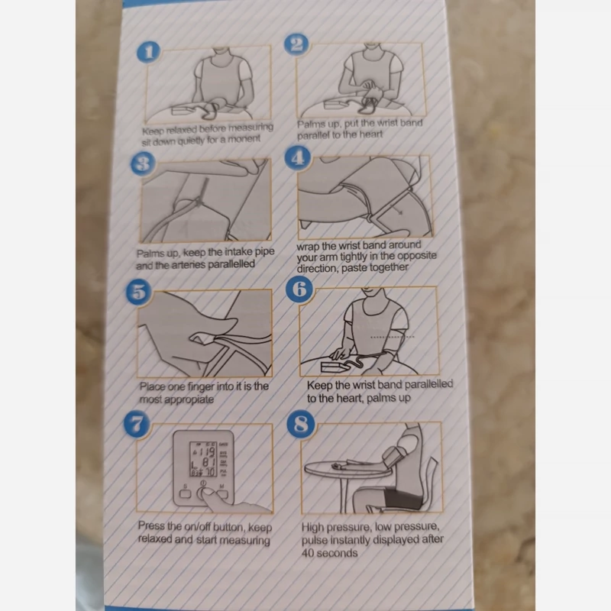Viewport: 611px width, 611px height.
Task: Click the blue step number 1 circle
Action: [148, 51]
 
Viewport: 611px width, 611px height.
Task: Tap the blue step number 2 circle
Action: [296, 44]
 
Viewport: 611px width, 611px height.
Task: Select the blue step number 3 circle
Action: [143, 163]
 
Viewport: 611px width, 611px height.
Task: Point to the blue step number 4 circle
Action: [298, 158]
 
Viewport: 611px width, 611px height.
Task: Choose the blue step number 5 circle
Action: [139, 292]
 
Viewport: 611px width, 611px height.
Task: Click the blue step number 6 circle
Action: [299, 289]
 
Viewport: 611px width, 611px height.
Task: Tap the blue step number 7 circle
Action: [137, 424]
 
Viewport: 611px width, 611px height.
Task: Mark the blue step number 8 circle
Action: [300, 424]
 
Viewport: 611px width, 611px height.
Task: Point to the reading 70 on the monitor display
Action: [209, 472]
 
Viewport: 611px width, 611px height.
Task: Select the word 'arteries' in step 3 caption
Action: [188, 265]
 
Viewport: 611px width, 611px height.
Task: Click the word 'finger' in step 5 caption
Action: [201, 387]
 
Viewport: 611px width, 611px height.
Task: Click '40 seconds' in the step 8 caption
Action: [329, 553]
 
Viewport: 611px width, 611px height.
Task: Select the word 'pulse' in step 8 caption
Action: [315, 541]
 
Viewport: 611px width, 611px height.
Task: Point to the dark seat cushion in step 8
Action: [403, 498]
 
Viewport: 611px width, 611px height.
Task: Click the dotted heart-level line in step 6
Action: [392, 337]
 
